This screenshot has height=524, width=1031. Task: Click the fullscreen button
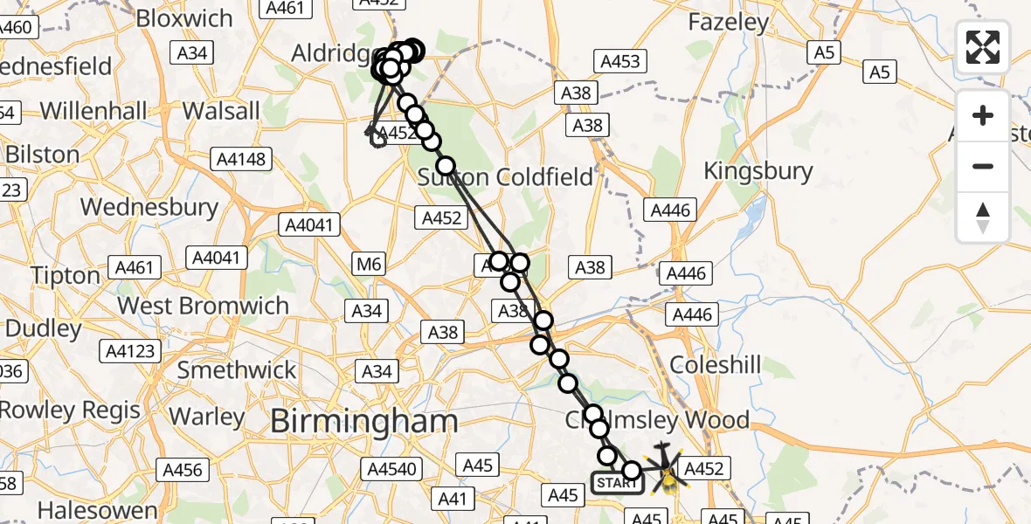coord(983,46)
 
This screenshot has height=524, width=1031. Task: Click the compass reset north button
coord(983,218)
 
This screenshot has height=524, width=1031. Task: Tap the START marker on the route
coord(618,482)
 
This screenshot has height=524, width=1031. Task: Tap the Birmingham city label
coord(363,422)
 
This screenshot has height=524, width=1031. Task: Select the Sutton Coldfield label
coord(506,177)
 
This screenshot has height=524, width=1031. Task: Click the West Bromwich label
coord(203,306)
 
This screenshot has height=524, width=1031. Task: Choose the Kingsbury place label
coord(758,171)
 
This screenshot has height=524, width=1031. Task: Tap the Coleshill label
coord(717,364)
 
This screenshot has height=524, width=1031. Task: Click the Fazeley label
coord(729,22)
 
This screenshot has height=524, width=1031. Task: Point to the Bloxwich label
coord(184,18)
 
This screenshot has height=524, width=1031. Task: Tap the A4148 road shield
coord(241,160)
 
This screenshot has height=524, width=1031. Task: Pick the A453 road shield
coord(621,61)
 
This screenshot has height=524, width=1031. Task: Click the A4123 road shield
coord(132,352)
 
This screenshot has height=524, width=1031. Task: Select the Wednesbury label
coord(149,207)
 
